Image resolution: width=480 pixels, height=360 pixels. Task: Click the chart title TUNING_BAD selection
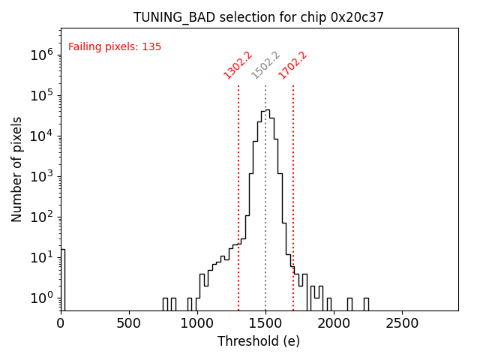coord(259,17)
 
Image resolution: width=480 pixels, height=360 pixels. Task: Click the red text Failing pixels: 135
coord(115,47)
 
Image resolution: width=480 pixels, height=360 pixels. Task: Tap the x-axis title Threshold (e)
coord(259,341)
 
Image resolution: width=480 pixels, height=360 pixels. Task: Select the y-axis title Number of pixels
coord(17,169)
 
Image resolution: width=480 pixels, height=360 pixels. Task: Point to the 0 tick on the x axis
coord(61,324)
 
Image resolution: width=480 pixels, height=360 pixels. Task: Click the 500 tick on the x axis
coord(129,324)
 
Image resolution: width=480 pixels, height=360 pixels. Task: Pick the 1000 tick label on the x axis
coord(197,324)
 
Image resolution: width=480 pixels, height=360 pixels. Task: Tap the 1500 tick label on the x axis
coord(265,324)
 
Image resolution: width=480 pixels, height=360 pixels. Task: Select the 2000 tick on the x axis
coord(334,324)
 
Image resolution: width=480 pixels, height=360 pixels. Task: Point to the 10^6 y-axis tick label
coord(40,55)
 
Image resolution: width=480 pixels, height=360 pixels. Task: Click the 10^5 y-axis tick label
coord(40,95)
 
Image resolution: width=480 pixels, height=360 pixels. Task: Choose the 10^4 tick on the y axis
coord(40,136)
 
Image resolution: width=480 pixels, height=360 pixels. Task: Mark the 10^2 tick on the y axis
coord(40,217)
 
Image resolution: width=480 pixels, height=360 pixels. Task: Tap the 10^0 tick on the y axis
coord(40,298)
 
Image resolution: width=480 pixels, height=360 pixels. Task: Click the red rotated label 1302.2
coord(238,65)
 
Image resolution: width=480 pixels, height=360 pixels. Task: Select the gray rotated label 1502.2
coord(265,65)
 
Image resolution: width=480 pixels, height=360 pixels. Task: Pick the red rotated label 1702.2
coord(293,65)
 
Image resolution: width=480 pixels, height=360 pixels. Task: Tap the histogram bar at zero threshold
coord(62,279)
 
